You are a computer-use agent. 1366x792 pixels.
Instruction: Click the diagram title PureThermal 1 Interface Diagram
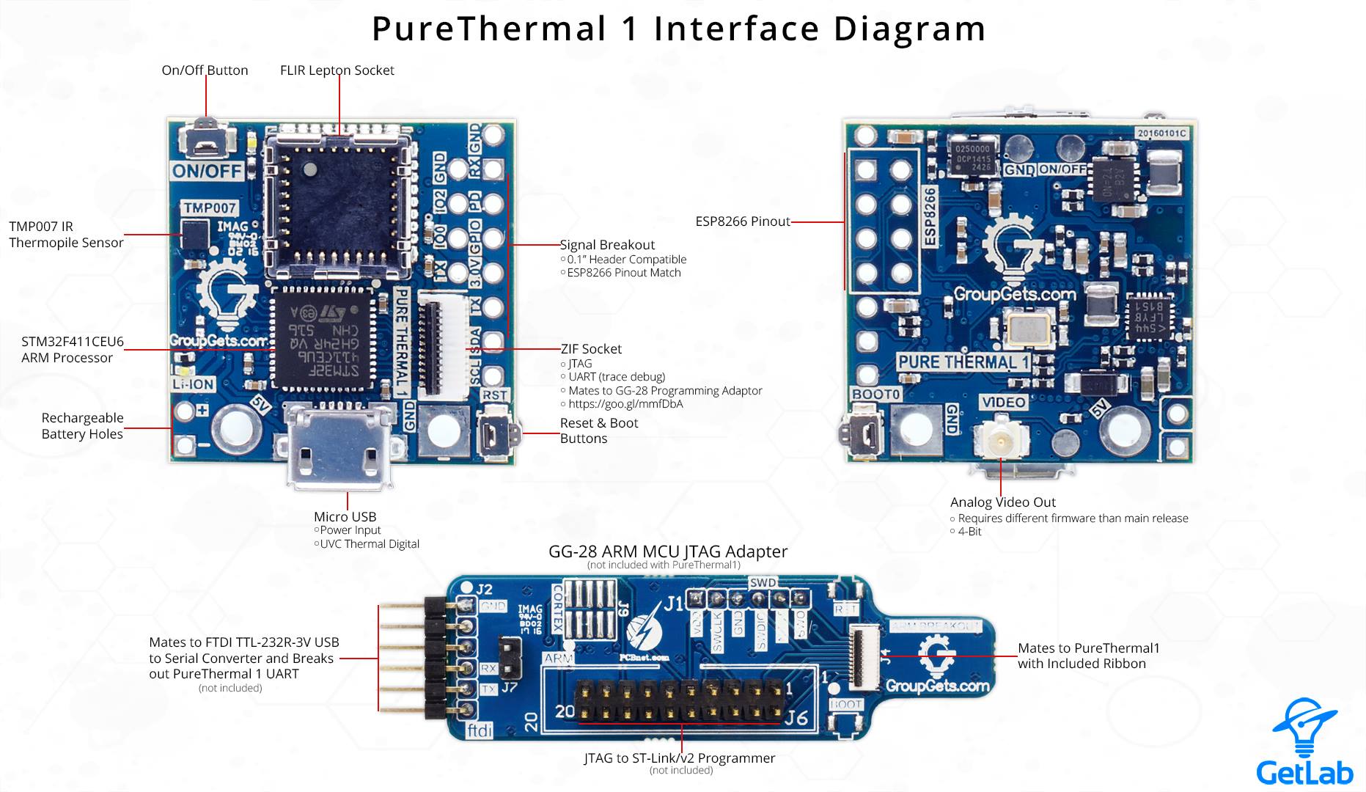click(x=678, y=29)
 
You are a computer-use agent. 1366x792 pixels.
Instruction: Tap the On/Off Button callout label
click(x=205, y=70)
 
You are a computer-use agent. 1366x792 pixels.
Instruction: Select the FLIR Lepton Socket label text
click(x=337, y=70)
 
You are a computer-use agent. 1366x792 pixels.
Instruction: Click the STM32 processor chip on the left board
click(x=322, y=338)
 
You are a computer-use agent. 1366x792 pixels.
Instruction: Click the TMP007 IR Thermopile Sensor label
click(x=66, y=235)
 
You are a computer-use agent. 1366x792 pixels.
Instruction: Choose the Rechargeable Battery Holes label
click(x=82, y=426)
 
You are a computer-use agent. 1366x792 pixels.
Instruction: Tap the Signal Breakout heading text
click(x=607, y=245)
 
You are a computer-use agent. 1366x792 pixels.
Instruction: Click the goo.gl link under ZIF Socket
click(x=625, y=404)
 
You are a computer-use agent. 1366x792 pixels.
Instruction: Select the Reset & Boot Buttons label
click(x=598, y=430)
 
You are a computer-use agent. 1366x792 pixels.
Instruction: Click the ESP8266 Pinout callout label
click(x=742, y=221)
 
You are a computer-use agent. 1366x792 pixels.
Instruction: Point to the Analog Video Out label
click(x=1002, y=502)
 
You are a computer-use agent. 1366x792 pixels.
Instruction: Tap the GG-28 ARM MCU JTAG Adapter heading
click(x=667, y=551)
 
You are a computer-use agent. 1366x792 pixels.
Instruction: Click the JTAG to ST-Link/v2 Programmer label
click(x=679, y=758)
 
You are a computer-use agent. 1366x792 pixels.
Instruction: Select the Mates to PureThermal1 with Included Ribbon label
click(x=1088, y=656)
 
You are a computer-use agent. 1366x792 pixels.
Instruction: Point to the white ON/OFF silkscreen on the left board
click(x=208, y=171)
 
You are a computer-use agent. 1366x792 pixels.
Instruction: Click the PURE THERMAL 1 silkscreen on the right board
click(x=963, y=362)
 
